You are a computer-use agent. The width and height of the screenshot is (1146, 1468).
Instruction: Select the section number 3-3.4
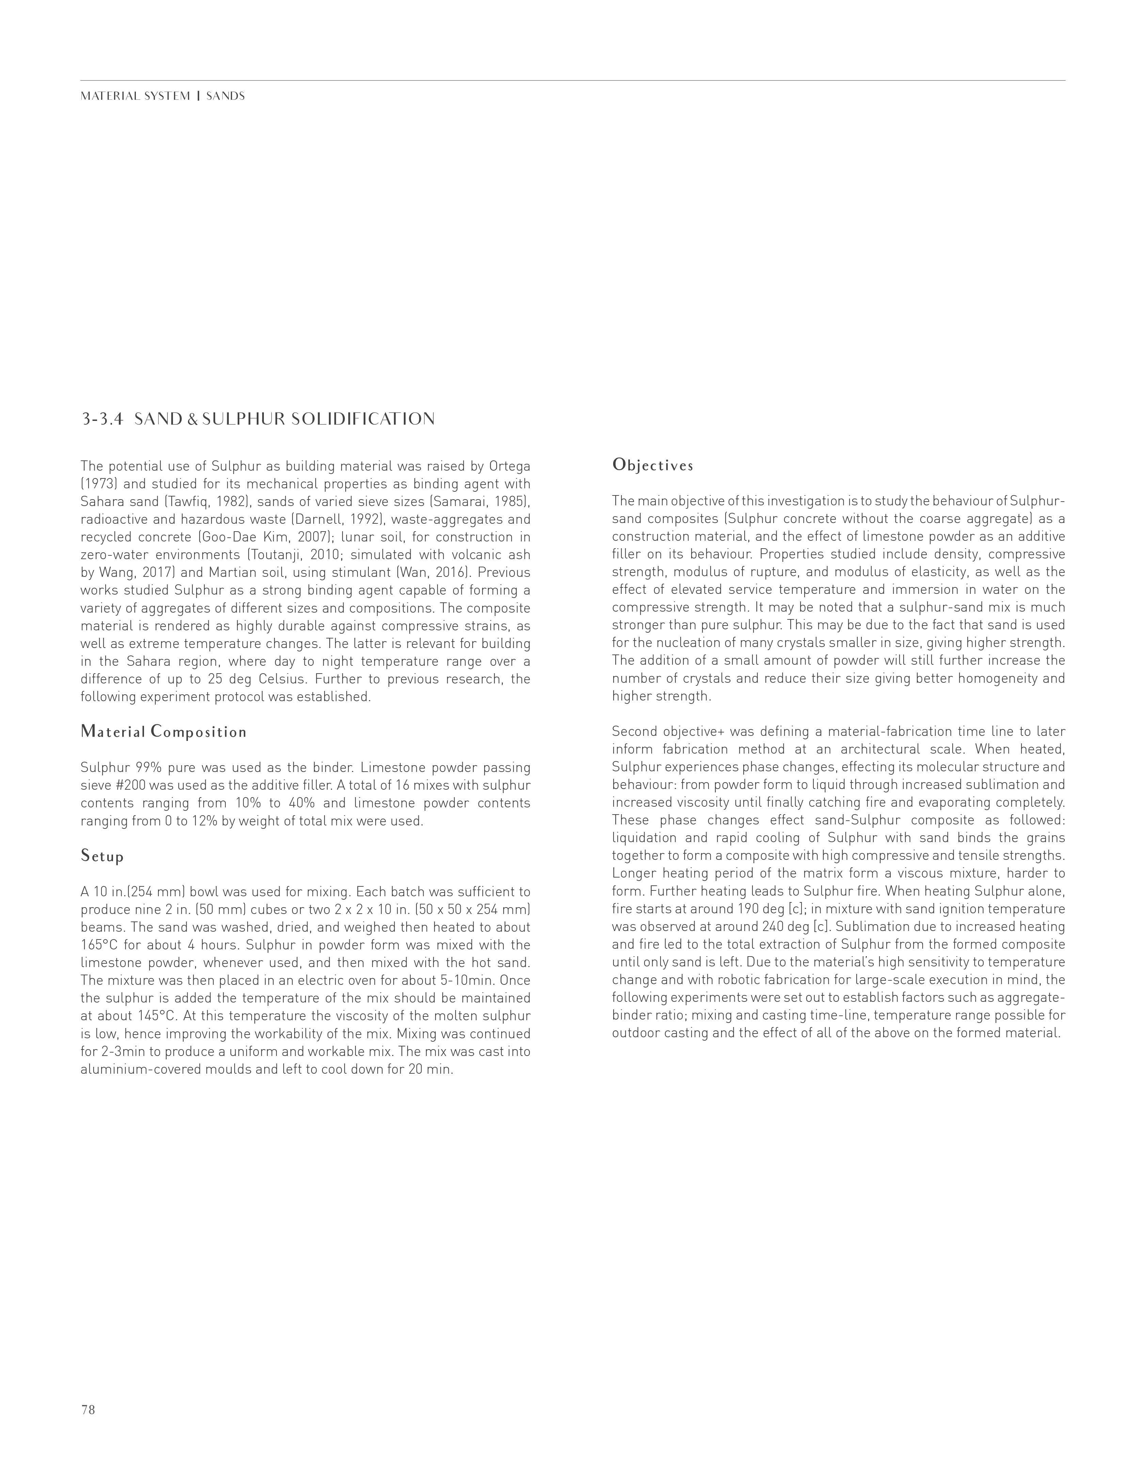pos(103,420)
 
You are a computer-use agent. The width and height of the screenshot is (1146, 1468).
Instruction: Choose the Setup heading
pos(102,856)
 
